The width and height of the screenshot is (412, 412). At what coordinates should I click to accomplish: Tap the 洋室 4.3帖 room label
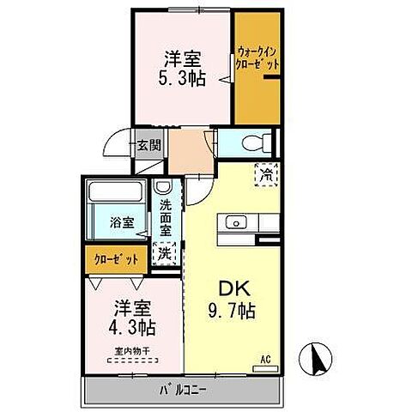(x=133, y=318)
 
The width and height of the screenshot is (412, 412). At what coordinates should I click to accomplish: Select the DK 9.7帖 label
(x=229, y=298)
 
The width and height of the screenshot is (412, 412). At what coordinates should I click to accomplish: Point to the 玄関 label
(x=148, y=145)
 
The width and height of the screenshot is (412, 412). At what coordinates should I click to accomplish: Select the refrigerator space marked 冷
(x=266, y=173)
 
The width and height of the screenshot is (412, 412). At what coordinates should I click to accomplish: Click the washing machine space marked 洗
(x=164, y=253)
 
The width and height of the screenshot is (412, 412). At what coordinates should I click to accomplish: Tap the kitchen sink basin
(x=233, y=223)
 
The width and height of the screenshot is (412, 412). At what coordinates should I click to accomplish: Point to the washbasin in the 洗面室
(x=163, y=188)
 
